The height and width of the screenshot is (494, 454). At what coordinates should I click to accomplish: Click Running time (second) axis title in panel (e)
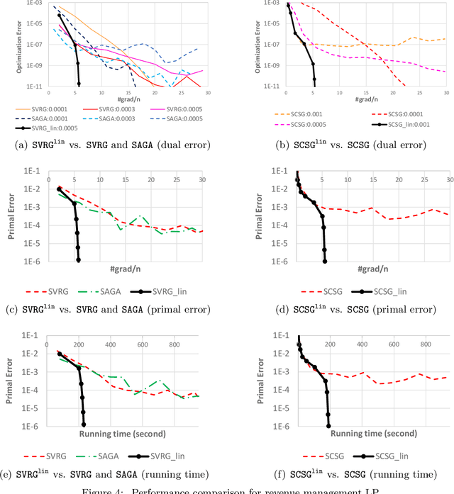pos(122,434)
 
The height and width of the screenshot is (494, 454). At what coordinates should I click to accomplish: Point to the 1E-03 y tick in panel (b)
pos(269,4)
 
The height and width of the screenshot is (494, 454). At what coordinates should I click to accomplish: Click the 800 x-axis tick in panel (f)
pos(426,344)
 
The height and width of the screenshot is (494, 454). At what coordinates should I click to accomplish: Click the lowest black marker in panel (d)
pos(325,260)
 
